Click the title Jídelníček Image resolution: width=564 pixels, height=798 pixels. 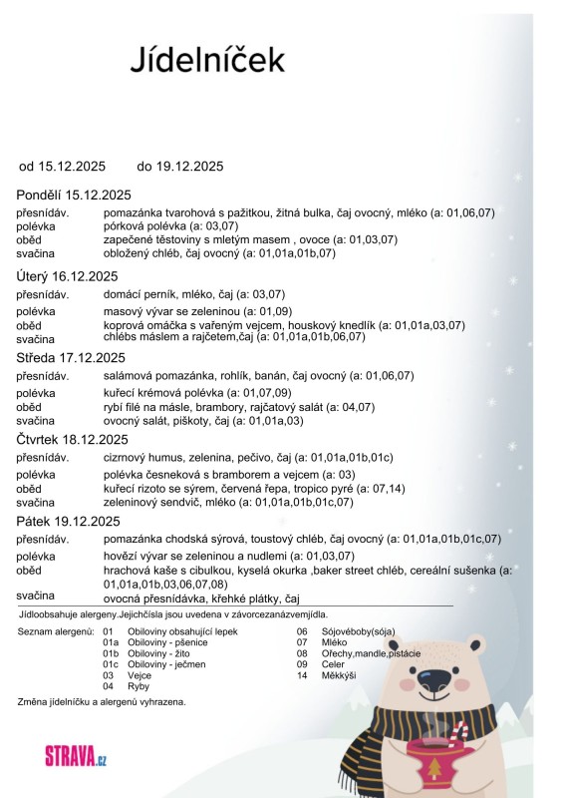pyautogui.click(x=207, y=59)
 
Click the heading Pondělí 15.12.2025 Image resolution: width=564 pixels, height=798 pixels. pyautogui.click(x=75, y=195)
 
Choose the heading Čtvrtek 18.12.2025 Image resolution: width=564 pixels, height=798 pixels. pyautogui.click(x=73, y=439)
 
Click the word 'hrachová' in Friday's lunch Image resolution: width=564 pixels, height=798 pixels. pyautogui.click(x=127, y=571)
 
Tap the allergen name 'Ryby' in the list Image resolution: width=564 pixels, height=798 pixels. pyautogui.click(x=140, y=686)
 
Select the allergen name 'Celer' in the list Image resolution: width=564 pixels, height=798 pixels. pyautogui.click(x=334, y=664)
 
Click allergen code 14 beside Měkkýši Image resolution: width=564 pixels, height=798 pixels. pyautogui.click(x=302, y=675)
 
